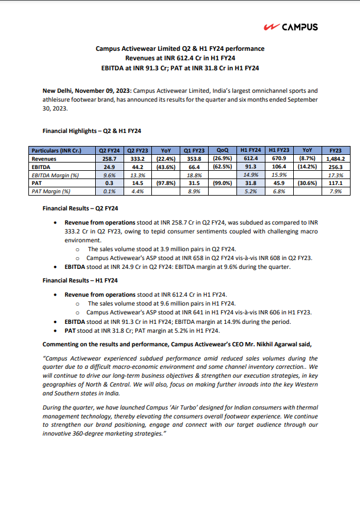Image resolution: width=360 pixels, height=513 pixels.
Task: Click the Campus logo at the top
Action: point(291,27)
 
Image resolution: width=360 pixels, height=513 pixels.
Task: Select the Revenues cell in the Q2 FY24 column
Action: point(111,159)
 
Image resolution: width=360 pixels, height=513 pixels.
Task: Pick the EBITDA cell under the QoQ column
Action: point(223,167)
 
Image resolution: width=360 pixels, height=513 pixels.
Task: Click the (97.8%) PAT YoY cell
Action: point(166,183)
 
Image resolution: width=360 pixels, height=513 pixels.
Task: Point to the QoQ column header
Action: point(223,151)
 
